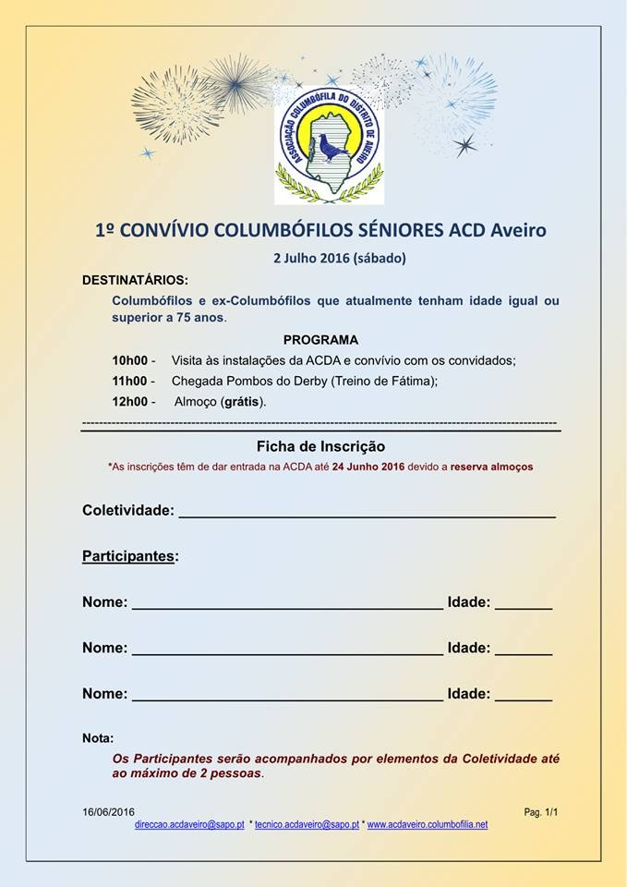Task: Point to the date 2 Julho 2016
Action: tap(311, 258)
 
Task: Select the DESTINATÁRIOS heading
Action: tap(135, 279)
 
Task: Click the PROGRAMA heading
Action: tap(320, 339)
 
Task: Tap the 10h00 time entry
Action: tap(129, 359)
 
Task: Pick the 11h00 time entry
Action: tap(129, 381)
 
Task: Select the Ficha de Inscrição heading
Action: tap(320, 446)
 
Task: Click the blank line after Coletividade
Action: tap(367, 513)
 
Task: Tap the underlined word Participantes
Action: tap(127, 556)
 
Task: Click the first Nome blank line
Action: tap(287, 605)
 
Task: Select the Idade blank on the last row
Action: tap(523, 698)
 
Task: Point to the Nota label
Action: tap(98, 738)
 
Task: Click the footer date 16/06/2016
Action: tap(108, 812)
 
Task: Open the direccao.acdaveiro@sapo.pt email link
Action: tap(189, 824)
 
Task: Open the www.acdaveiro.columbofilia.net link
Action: tap(428, 824)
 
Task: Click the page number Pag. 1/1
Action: tap(541, 812)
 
